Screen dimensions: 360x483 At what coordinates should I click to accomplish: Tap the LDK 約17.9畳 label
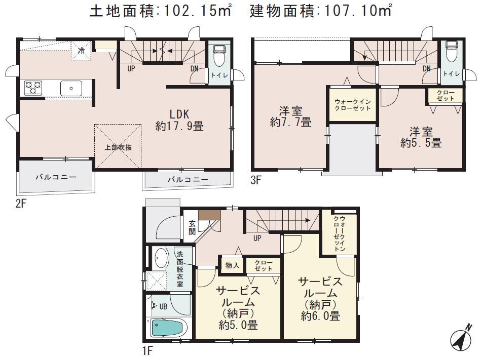click(x=179, y=119)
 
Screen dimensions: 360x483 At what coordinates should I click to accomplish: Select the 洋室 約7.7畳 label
click(x=291, y=115)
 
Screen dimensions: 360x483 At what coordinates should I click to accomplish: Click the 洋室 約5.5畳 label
click(x=421, y=136)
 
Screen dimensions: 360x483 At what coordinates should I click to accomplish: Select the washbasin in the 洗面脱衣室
click(x=161, y=258)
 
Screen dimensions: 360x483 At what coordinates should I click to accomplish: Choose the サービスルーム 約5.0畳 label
click(x=237, y=308)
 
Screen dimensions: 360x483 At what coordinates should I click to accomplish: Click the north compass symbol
click(x=462, y=338)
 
